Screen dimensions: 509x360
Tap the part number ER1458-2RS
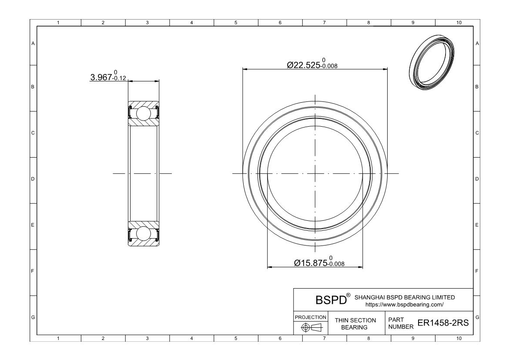tap(443, 323)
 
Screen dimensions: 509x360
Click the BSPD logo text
tap(331, 300)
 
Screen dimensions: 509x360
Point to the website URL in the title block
tap(404, 304)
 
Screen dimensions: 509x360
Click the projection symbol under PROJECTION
tap(311, 327)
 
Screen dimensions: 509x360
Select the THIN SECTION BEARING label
tap(355, 323)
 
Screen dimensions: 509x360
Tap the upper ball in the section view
tap(143, 113)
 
